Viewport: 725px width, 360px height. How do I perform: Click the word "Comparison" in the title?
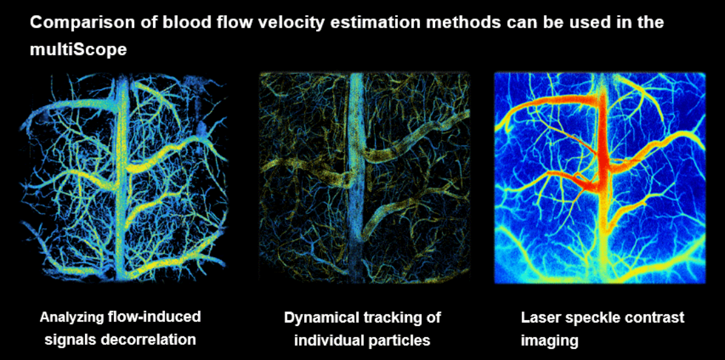pos(72,23)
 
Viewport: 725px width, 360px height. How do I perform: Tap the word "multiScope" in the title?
pos(78,49)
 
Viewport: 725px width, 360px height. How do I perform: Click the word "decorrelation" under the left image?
pos(147,340)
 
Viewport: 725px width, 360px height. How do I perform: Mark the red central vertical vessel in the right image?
pos(603,153)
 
